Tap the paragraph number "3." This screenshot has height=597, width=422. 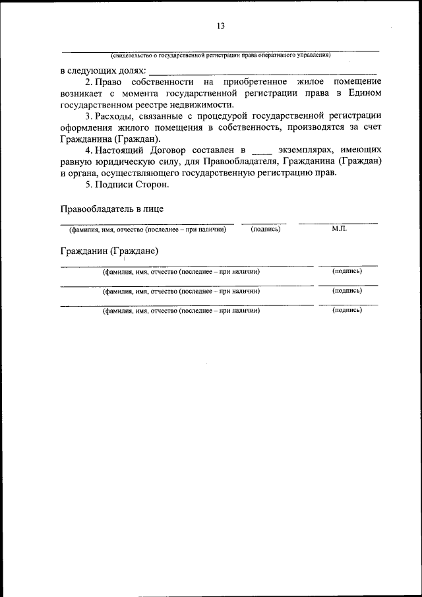(89, 117)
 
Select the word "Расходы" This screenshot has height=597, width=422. (113, 117)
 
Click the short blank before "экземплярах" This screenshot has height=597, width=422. (262, 152)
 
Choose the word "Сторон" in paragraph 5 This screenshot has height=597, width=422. (152, 185)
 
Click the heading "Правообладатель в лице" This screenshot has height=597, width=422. (112, 208)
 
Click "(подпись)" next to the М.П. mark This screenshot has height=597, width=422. (266, 229)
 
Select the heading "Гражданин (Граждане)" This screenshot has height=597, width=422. (109, 251)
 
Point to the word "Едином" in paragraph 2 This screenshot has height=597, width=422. (364, 93)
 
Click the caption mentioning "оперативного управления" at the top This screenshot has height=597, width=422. (220, 55)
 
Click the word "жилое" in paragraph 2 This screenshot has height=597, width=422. (307, 82)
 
